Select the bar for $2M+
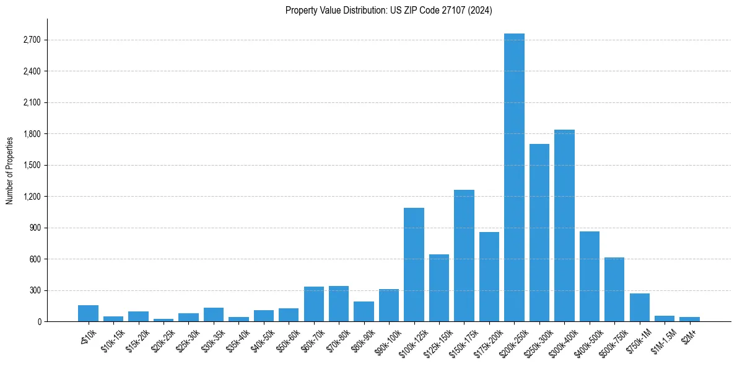coord(689,319)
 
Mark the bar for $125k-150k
coord(439,288)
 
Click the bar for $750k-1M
coord(639,308)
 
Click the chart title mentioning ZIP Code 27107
coord(388,11)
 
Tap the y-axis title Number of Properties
coord(10,170)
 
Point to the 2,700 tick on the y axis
coord(32,40)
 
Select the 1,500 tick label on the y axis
coord(32,166)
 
